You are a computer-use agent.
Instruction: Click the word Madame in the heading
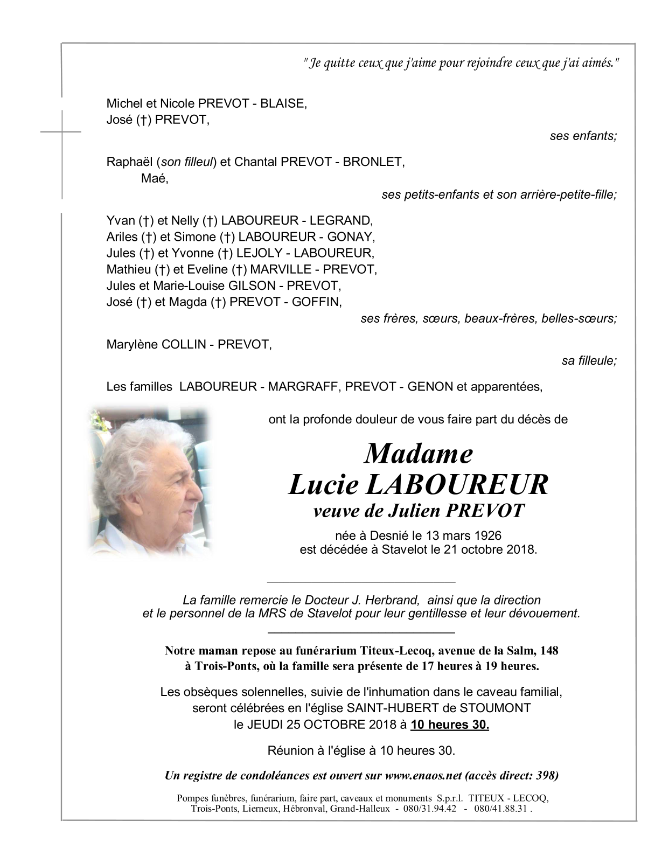pyautogui.click(x=419, y=454)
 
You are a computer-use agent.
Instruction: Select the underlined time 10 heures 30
pyautogui.click(x=449, y=725)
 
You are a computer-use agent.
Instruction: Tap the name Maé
pyautogui.click(x=154, y=178)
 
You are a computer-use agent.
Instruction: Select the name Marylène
pyautogui.click(x=133, y=344)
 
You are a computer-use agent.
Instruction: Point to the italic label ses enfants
pyautogui.click(x=583, y=136)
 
